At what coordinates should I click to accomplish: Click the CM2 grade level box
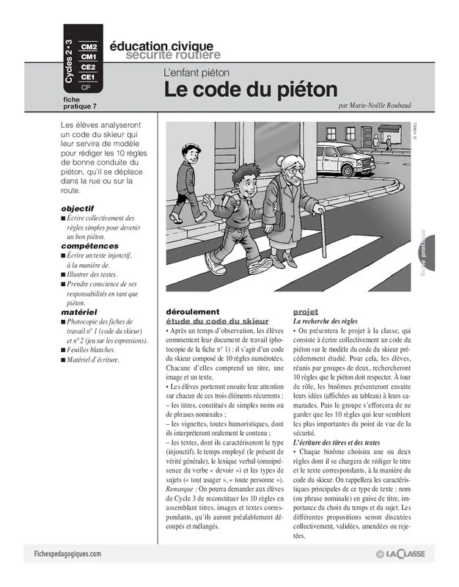pos(89,47)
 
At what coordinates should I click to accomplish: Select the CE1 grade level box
pos(88,76)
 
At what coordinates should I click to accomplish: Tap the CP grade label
pos(87,87)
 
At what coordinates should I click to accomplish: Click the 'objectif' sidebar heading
pos(78,208)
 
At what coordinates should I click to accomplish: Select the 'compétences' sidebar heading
pos(87,246)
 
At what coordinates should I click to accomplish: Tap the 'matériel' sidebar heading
pos(79,312)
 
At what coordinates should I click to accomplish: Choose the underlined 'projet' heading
pos(306,311)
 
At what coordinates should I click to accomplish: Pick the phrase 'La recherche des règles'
pos(326,321)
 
